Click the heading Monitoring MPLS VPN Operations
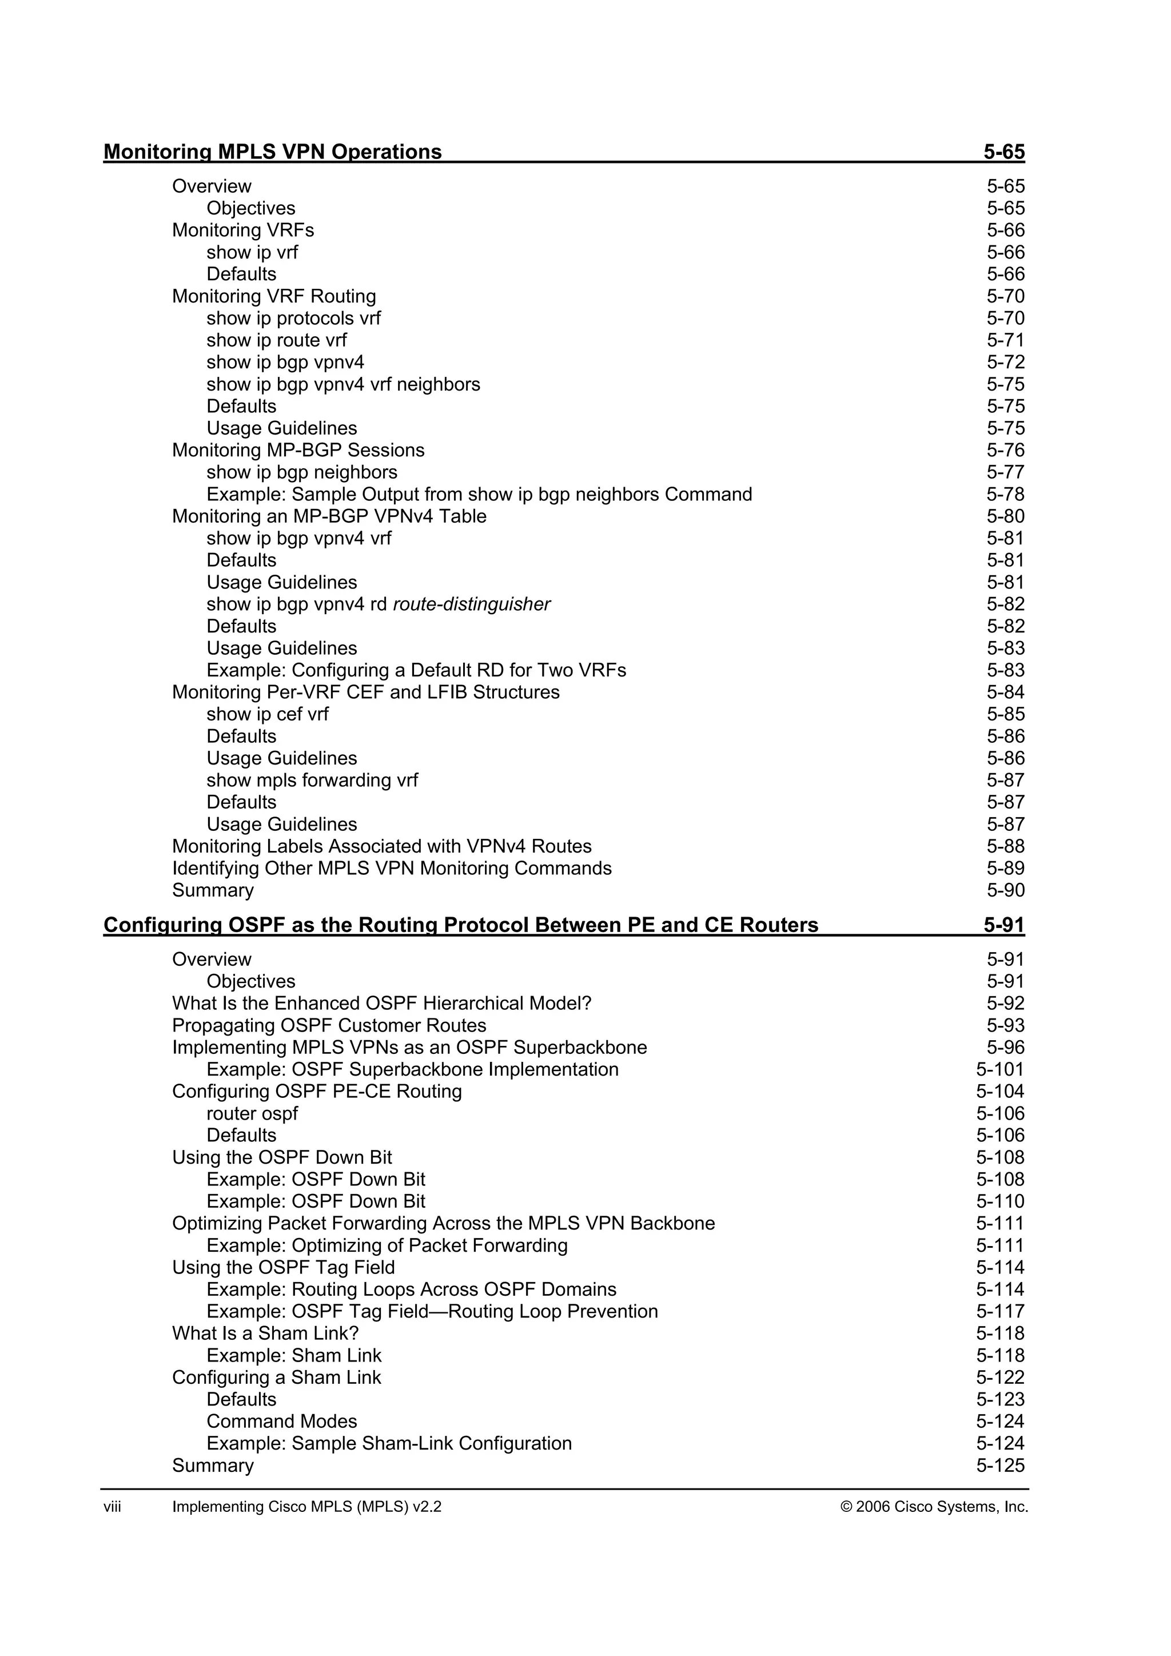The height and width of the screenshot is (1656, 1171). coord(273,152)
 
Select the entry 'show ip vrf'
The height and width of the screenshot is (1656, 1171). coord(252,252)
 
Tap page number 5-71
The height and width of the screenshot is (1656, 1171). coord(1005,340)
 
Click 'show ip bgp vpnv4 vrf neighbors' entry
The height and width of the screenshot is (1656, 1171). coord(343,384)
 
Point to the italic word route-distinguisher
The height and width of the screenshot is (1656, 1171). coord(472,604)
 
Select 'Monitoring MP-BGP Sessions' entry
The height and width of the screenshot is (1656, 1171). coord(298,450)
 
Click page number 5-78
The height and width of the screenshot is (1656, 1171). coord(1005,495)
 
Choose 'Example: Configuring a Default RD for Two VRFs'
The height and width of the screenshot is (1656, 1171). coord(416,671)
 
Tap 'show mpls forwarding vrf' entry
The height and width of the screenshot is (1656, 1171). coord(312,781)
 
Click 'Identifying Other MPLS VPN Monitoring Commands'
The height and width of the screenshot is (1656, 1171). coord(392,869)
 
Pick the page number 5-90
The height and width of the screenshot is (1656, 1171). coord(1005,891)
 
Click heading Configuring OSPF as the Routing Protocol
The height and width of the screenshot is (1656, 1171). coord(461,925)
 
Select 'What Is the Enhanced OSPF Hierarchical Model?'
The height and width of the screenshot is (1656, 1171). coord(381,1004)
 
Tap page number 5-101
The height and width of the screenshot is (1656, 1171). coord(1000,1070)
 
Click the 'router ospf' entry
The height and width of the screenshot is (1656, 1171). coord(252,1113)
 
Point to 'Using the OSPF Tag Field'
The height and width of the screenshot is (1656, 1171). coord(284,1268)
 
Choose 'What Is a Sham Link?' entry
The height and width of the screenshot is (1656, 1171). coord(265,1333)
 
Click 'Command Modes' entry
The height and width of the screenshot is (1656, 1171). coord(281,1422)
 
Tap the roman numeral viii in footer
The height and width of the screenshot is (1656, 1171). coord(113,1507)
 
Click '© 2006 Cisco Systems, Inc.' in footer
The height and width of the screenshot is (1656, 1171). coord(934,1507)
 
